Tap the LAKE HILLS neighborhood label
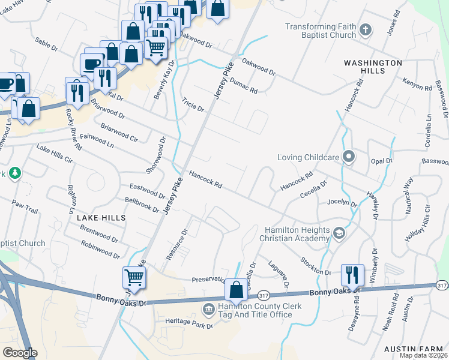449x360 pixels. click(x=101, y=218)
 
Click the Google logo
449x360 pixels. click(x=20, y=353)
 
